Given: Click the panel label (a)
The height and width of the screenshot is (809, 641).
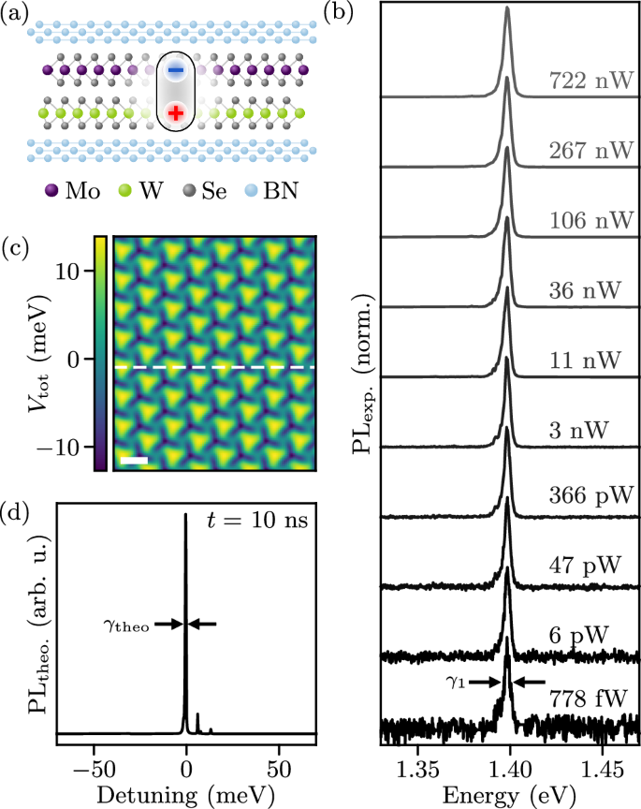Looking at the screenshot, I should click(x=16, y=12).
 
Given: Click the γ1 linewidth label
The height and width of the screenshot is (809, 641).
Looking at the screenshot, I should click(x=453, y=683).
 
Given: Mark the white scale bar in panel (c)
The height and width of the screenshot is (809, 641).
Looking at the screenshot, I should click(x=135, y=460).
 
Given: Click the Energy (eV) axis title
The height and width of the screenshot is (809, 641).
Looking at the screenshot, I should click(x=508, y=795).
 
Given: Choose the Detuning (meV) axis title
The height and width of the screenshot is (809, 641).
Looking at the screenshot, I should click(x=187, y=795).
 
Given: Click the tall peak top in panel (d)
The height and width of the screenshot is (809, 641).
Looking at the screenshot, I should click(x=185, y=515).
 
